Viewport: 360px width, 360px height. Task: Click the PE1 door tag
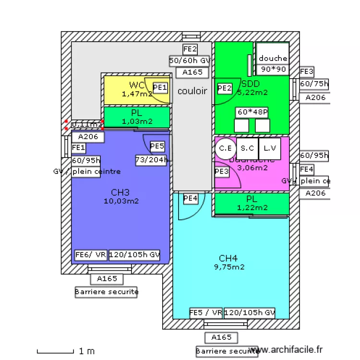(x=160, y=87)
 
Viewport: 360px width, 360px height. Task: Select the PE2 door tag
(x=225, y=88)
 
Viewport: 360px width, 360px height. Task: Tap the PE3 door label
(x=221, y=171)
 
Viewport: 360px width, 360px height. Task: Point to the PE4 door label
(x=191, y=198)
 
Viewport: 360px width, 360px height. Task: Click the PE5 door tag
(x=157, y=146)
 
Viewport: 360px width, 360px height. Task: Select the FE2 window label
(x=190, y=49)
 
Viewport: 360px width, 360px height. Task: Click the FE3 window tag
(x=307, y=72)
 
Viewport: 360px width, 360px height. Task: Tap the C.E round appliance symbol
(x=225, y=148)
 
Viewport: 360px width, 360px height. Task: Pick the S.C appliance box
(x=247, y=148)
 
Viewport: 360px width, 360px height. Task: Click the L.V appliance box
(x=269, y=148)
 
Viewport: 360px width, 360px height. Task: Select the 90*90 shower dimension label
(x=273, y=69)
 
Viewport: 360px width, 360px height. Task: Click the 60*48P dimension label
(x=252, y=112)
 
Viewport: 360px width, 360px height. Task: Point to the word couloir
(x=192, y=91)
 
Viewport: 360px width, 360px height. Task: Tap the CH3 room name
(x=120, y=192)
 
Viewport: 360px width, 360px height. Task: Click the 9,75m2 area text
(x=229, y=267)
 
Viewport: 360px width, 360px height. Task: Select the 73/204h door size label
(x=152, y=160)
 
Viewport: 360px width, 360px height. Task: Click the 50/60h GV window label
(x=190, y=61)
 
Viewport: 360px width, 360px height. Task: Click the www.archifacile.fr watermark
(x=287, y=350)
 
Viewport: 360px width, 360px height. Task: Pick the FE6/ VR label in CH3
(x=91, y=255)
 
